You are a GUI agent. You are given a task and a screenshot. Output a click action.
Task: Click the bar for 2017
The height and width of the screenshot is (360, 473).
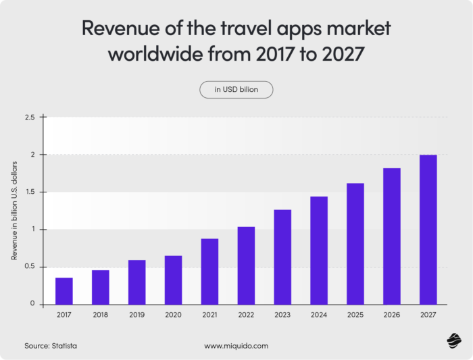(64, 290)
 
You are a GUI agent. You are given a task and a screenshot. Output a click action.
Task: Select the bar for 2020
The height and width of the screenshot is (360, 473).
(173, 280)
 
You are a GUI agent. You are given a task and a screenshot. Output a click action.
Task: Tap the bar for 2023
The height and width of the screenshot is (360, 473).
(282, 257)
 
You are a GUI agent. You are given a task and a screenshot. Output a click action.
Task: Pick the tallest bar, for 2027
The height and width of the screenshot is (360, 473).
(428, 230)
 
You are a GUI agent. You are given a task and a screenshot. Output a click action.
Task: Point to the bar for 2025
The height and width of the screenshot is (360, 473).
(355, 243)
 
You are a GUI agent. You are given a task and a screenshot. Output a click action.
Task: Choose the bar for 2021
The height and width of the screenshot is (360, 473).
(209, 271)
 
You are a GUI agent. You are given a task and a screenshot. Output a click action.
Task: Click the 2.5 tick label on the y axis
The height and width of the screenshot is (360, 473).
(30, 118)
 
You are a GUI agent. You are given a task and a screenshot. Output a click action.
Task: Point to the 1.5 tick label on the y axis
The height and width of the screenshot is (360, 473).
(30, 192)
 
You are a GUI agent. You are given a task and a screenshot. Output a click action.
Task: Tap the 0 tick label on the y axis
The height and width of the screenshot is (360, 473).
(32, 304)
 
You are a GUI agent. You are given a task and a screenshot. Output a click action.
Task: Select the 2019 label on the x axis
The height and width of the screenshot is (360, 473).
(136, 315)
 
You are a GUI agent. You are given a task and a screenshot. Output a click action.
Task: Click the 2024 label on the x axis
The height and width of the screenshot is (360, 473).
(319, 315)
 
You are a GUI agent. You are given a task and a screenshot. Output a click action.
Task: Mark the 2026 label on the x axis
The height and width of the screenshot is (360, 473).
(392, 315)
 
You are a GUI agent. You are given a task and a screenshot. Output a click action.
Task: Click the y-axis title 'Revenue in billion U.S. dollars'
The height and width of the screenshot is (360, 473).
(14, 211)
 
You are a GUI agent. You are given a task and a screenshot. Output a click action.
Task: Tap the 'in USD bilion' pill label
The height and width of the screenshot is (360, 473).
(236, 90)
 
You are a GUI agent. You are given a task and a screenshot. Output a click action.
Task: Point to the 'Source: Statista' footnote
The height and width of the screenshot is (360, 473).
(51, 346)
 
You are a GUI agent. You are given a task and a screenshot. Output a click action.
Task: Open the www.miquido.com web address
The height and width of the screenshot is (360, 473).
(236, 346)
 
